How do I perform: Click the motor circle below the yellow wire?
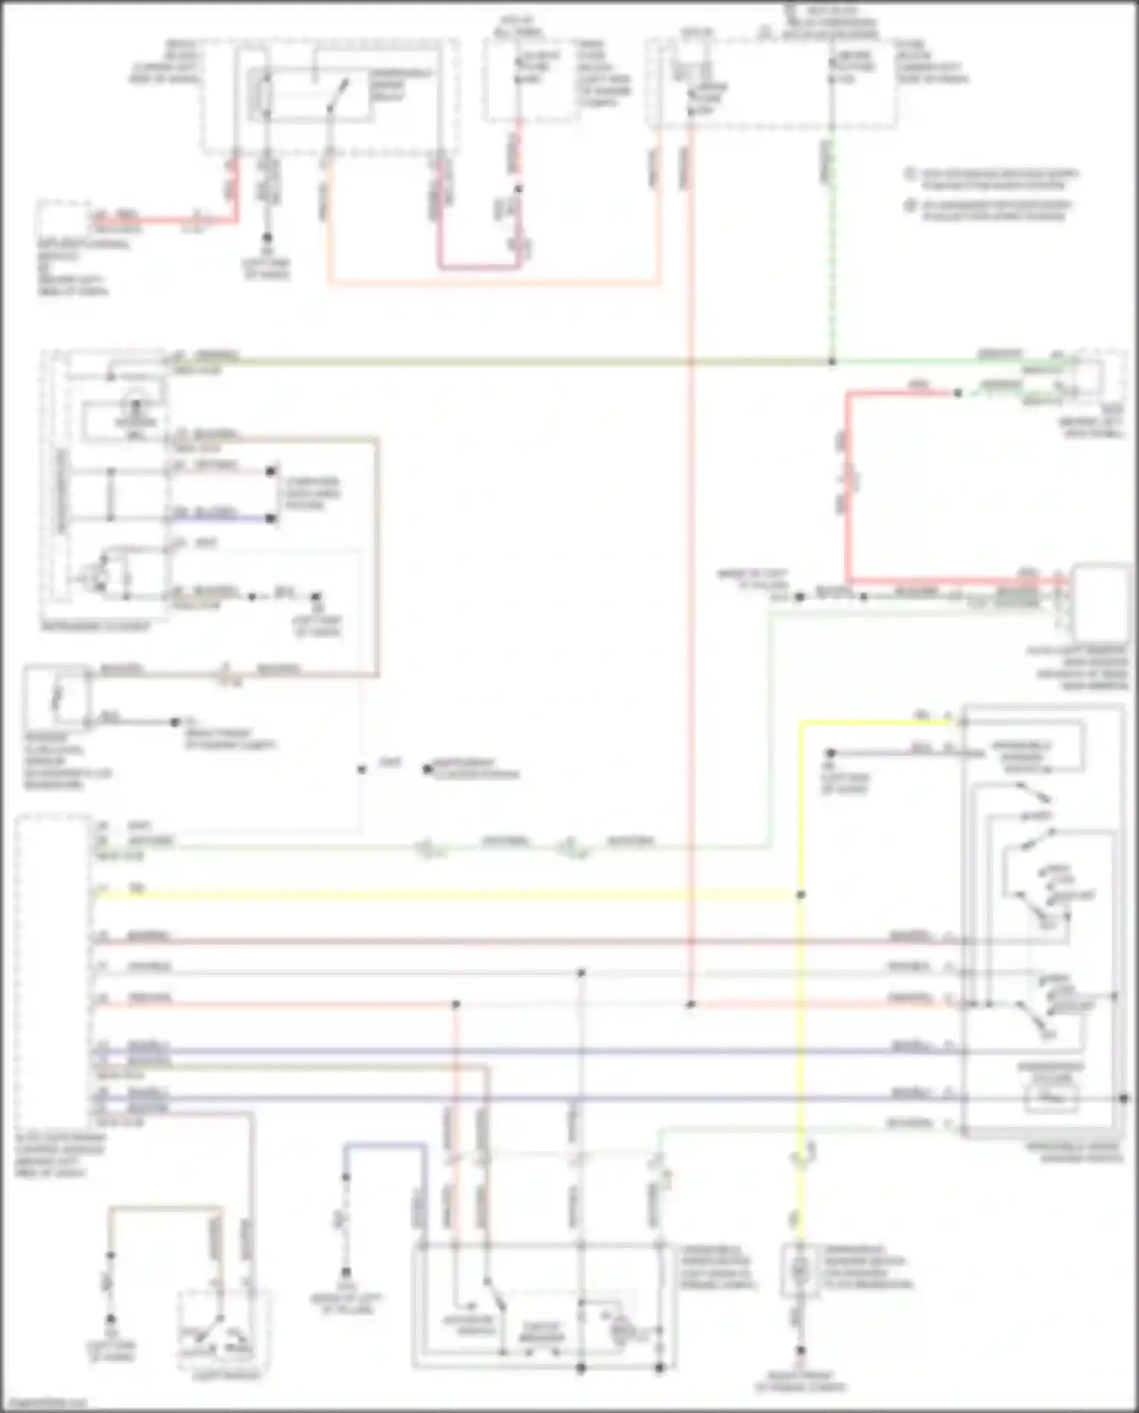(x=798, y=1269)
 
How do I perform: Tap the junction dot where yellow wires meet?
(x=800, y=895)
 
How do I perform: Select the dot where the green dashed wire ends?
(x=832, y=361)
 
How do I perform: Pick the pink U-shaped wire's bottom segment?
(x=479, y=267)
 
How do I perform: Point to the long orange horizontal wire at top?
(x=494, y=285)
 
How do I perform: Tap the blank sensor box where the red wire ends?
(x=1100, y=603)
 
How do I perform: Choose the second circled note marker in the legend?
(x=910, y=205)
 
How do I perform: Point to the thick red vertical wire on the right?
(x=848, y=486)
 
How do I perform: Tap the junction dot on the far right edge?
(x=1125, y=1099)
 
